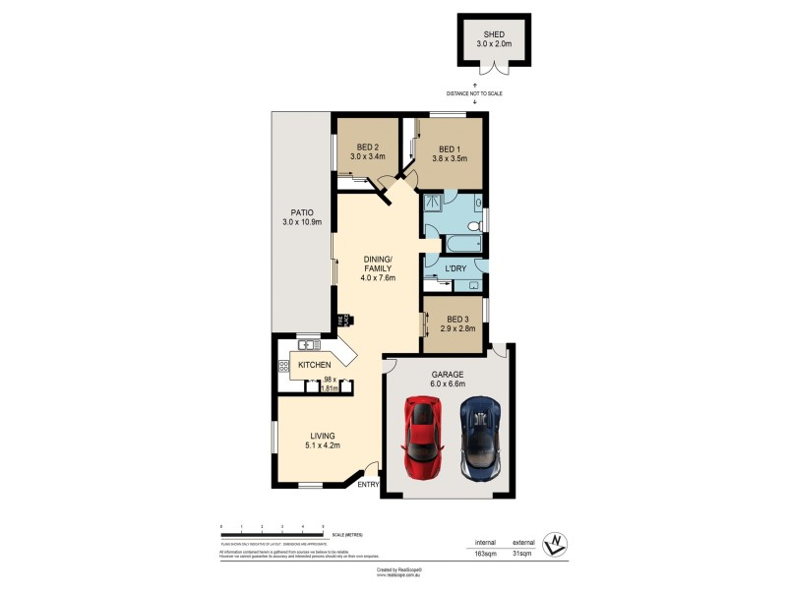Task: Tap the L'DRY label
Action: click(454, 268)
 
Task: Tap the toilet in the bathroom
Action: click(473, 225)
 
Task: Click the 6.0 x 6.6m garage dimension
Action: click(447, 385)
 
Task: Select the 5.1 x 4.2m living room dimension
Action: click(323, 445)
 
